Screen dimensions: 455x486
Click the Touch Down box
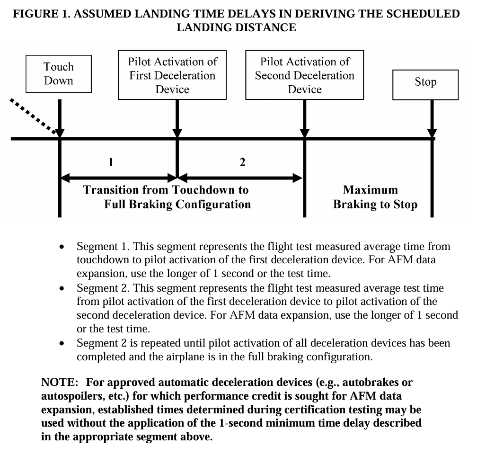coord(59,74)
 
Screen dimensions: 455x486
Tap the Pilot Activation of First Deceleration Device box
coord(172,75)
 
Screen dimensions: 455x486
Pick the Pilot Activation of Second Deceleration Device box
coord(305,75)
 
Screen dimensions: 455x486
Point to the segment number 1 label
coord(111,163)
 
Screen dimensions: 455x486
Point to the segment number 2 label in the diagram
coord(242,163)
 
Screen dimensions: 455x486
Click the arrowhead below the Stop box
coord(432,134)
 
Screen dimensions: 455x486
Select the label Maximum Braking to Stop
coord(375,197)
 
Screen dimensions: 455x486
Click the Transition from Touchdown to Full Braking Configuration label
coord(167,197)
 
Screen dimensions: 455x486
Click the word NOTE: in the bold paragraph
coord(60,382)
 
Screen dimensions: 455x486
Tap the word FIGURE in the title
coord(37,14)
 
